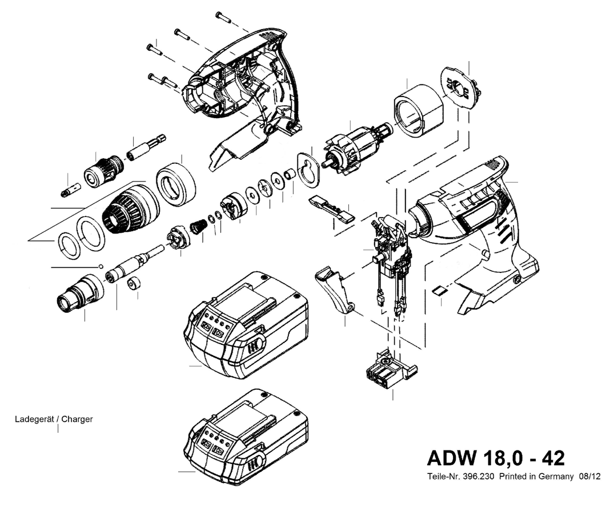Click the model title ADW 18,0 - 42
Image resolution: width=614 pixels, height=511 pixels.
click(x=496, y=458)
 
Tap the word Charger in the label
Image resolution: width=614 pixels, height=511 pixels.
click(x=77, y=419)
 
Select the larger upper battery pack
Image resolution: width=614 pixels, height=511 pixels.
click(x=246, y=325)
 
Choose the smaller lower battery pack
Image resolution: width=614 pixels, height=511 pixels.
click(x=246, y=437)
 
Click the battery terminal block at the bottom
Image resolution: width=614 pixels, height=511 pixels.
click(x=389, y=369)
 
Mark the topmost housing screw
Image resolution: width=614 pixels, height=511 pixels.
click(x=223, y=17)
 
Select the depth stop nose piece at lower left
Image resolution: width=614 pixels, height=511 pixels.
click(x=79, y=292)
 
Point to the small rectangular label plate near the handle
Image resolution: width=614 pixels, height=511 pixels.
click(x=439, y=290)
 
